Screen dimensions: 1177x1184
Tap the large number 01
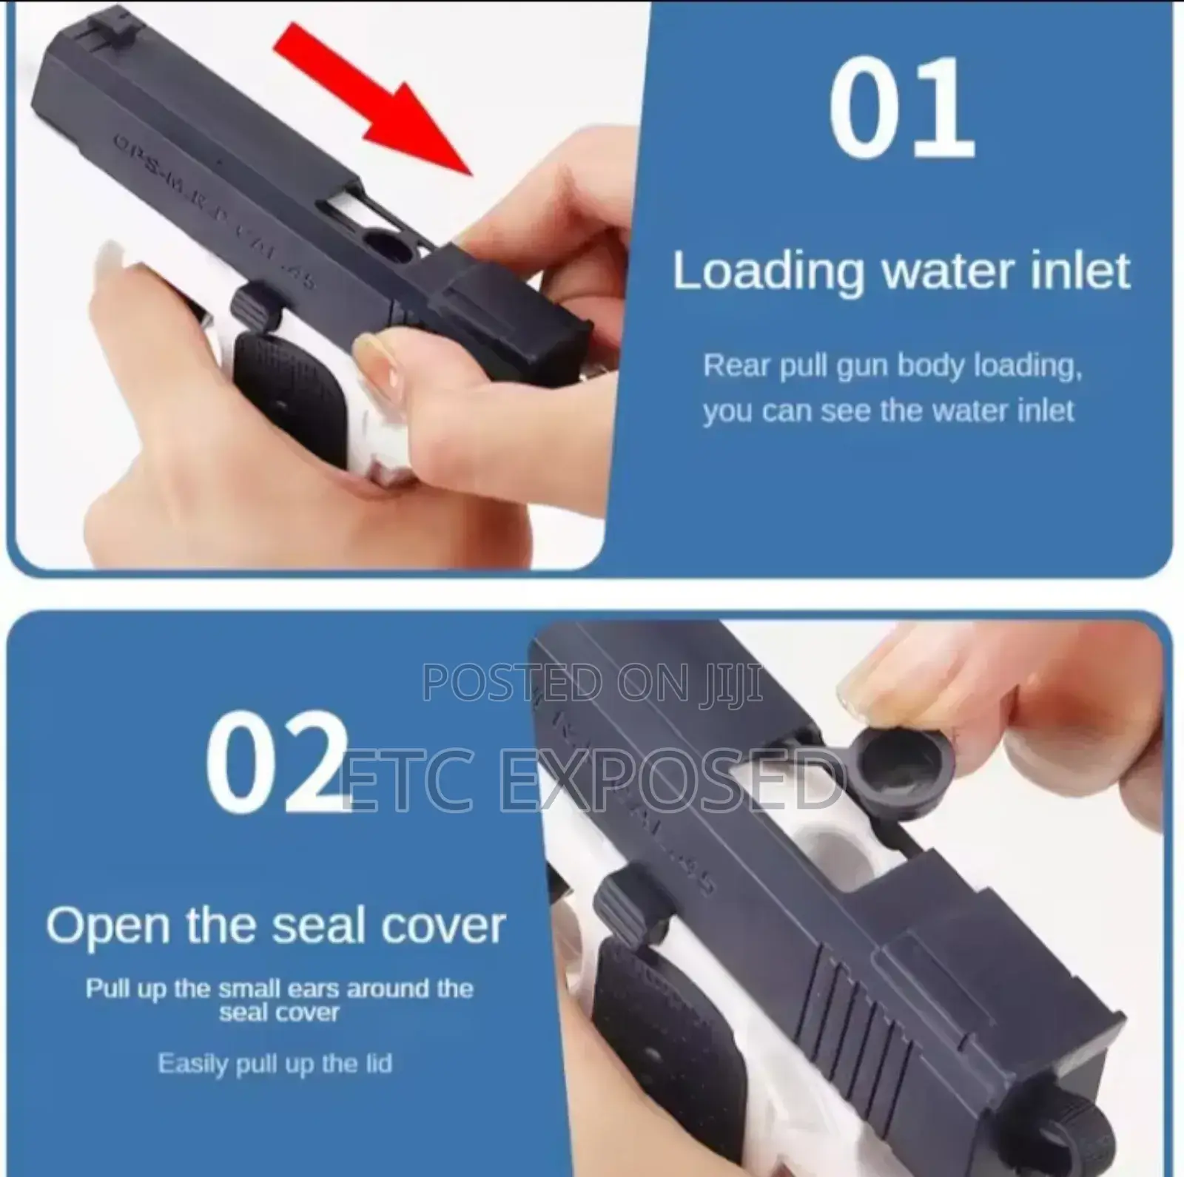coord(901,109)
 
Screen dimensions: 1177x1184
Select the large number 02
coord(276,761)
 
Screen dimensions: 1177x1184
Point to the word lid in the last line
coord(376,1064)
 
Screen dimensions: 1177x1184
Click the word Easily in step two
coord(192,1064)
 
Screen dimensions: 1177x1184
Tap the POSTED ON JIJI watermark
coord(592,682)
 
